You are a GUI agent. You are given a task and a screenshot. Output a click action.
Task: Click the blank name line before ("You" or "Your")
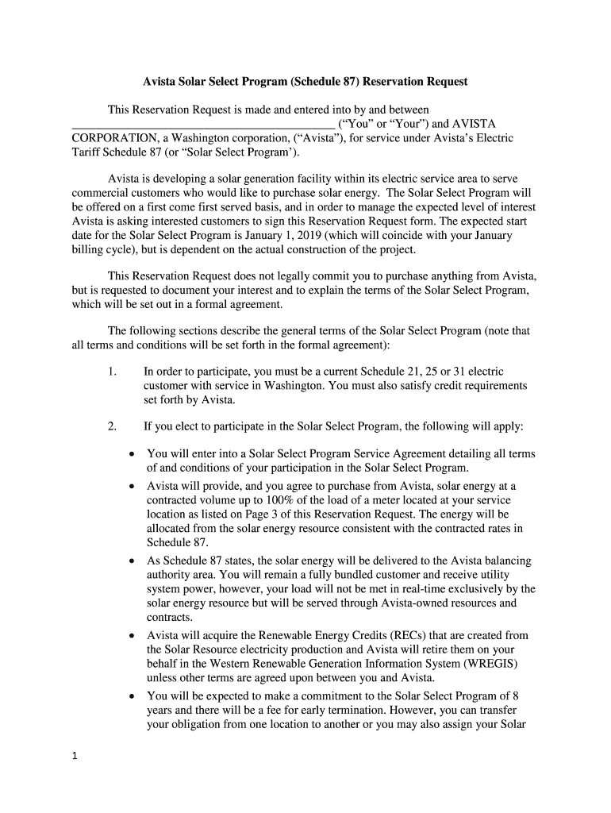click(x=203, y=125)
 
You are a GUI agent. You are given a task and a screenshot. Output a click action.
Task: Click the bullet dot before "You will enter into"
click(x=132, y=454)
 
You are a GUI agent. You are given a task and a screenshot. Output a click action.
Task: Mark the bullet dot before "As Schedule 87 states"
click(x=132, y=561)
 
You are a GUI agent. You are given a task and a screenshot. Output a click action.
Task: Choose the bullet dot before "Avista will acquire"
click(x=132, y=636)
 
